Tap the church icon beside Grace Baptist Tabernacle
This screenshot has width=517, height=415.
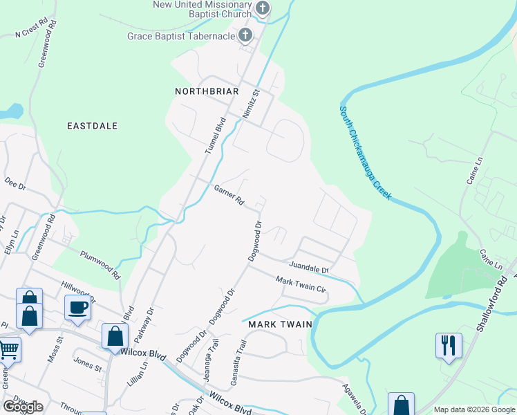245,35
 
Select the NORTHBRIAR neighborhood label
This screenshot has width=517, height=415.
206,91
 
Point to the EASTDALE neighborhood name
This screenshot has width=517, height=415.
92,126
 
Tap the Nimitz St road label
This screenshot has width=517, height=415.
251,104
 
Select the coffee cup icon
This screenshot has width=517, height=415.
77,307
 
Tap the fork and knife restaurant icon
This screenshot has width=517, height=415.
448,345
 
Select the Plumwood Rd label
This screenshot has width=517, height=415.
100,264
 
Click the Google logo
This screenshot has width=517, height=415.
23,407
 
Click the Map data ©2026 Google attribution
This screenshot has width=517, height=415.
473,409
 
